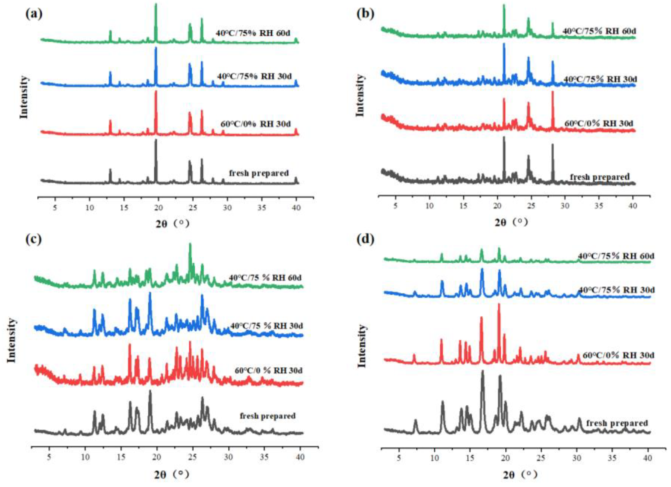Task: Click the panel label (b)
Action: point(366,14)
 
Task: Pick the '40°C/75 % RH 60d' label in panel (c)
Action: point(265,278)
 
